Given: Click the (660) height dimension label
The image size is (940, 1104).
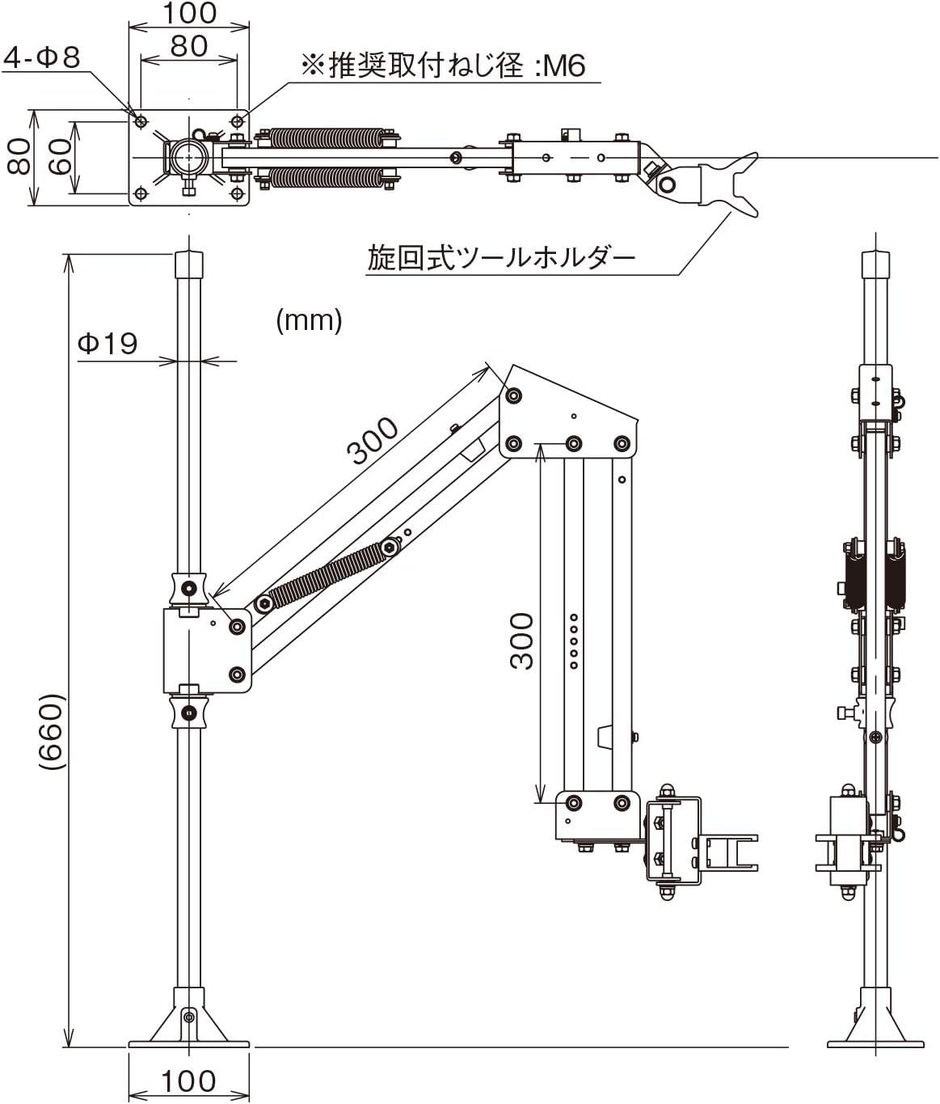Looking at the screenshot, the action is [53, 732].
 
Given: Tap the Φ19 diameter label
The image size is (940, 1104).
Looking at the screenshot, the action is [107, 344].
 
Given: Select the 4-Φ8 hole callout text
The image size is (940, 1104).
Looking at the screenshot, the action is [42, 57].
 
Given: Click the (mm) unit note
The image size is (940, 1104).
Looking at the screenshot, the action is [309, 321].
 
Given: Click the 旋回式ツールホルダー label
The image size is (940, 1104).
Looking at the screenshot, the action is [501, 258].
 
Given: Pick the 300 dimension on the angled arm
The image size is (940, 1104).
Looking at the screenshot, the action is [372, 440].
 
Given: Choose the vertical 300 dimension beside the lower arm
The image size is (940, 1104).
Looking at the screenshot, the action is [521, 641].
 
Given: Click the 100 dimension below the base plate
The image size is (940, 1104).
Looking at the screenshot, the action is [188, 1081].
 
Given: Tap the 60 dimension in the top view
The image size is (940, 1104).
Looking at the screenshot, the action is [60, 156].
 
